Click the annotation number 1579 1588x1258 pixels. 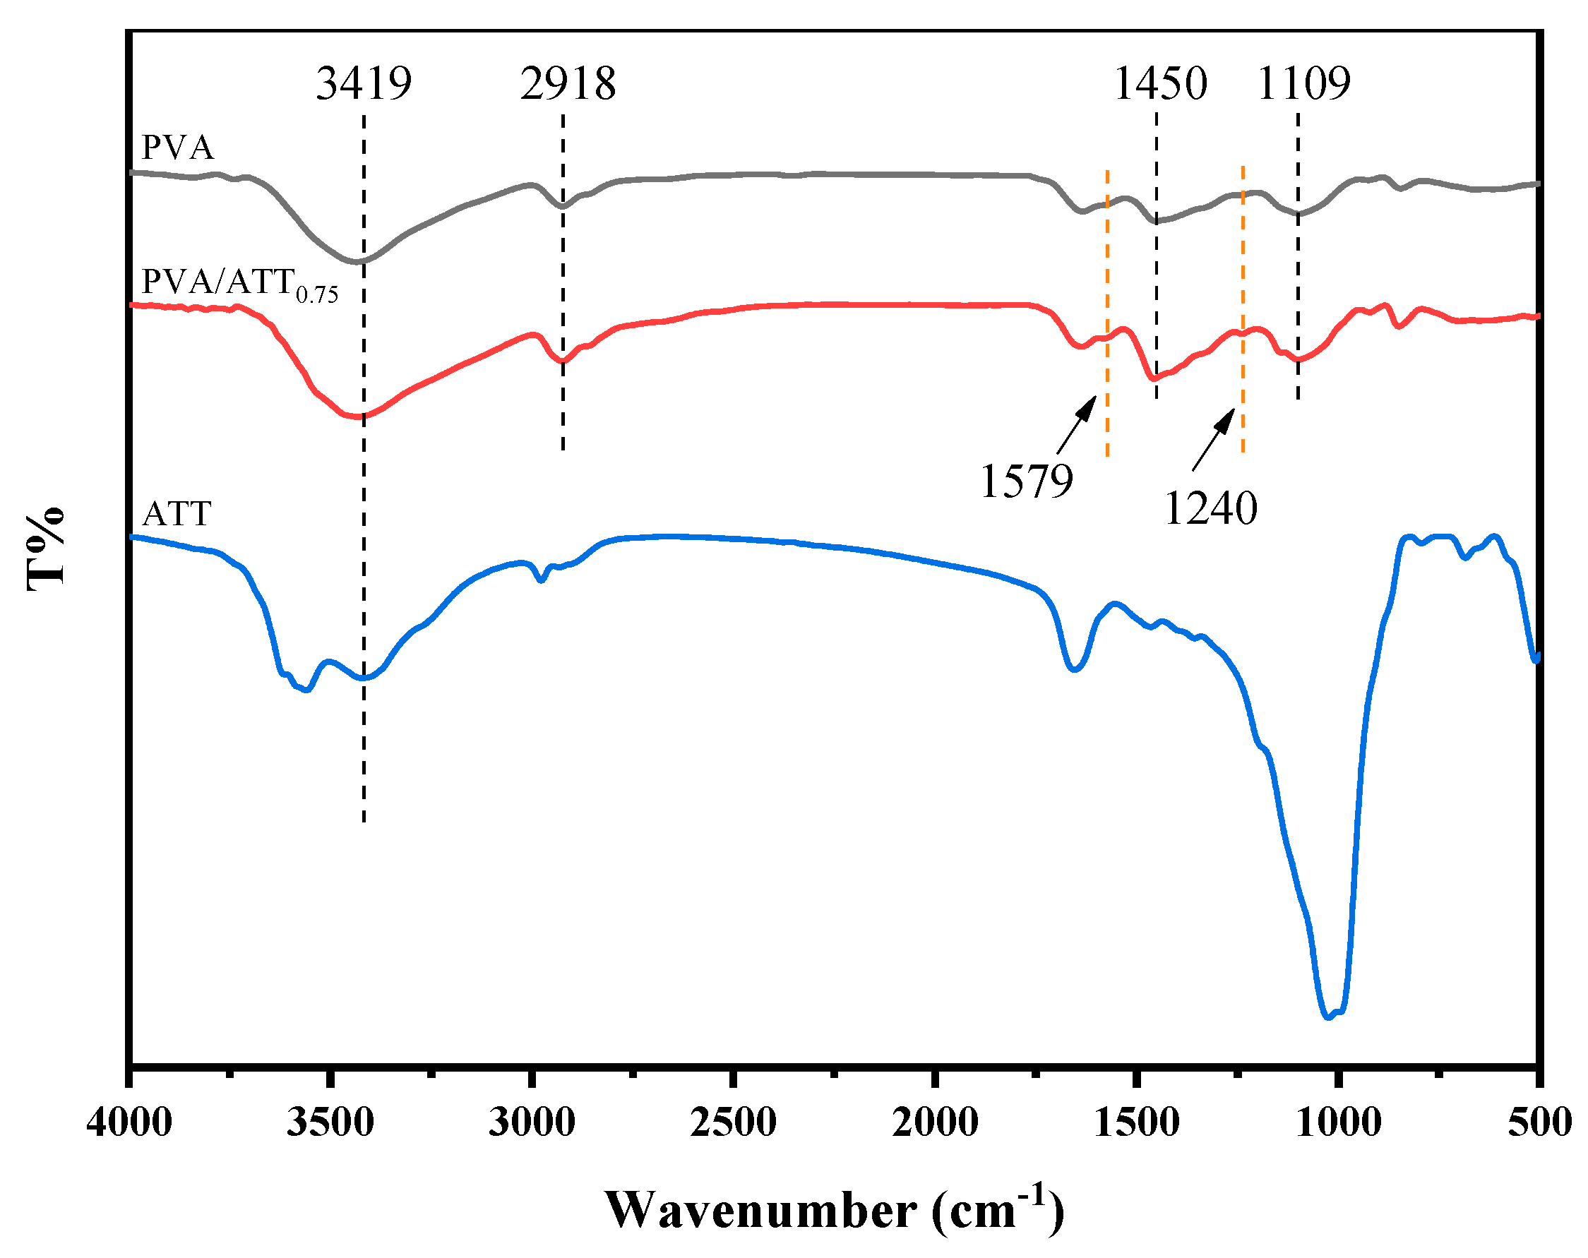tap(1027, 481)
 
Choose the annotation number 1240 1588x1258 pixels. tap(1211, 508)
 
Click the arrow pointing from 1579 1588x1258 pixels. tap(1077, 425)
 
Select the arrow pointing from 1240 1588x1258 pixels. tap(1214, 440)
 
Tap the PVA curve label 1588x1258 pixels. tap(177, 148)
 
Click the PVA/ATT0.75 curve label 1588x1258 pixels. tap(239, 283)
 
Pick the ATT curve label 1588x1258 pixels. tap(177, 513)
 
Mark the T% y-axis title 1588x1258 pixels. tap(46, 549)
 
